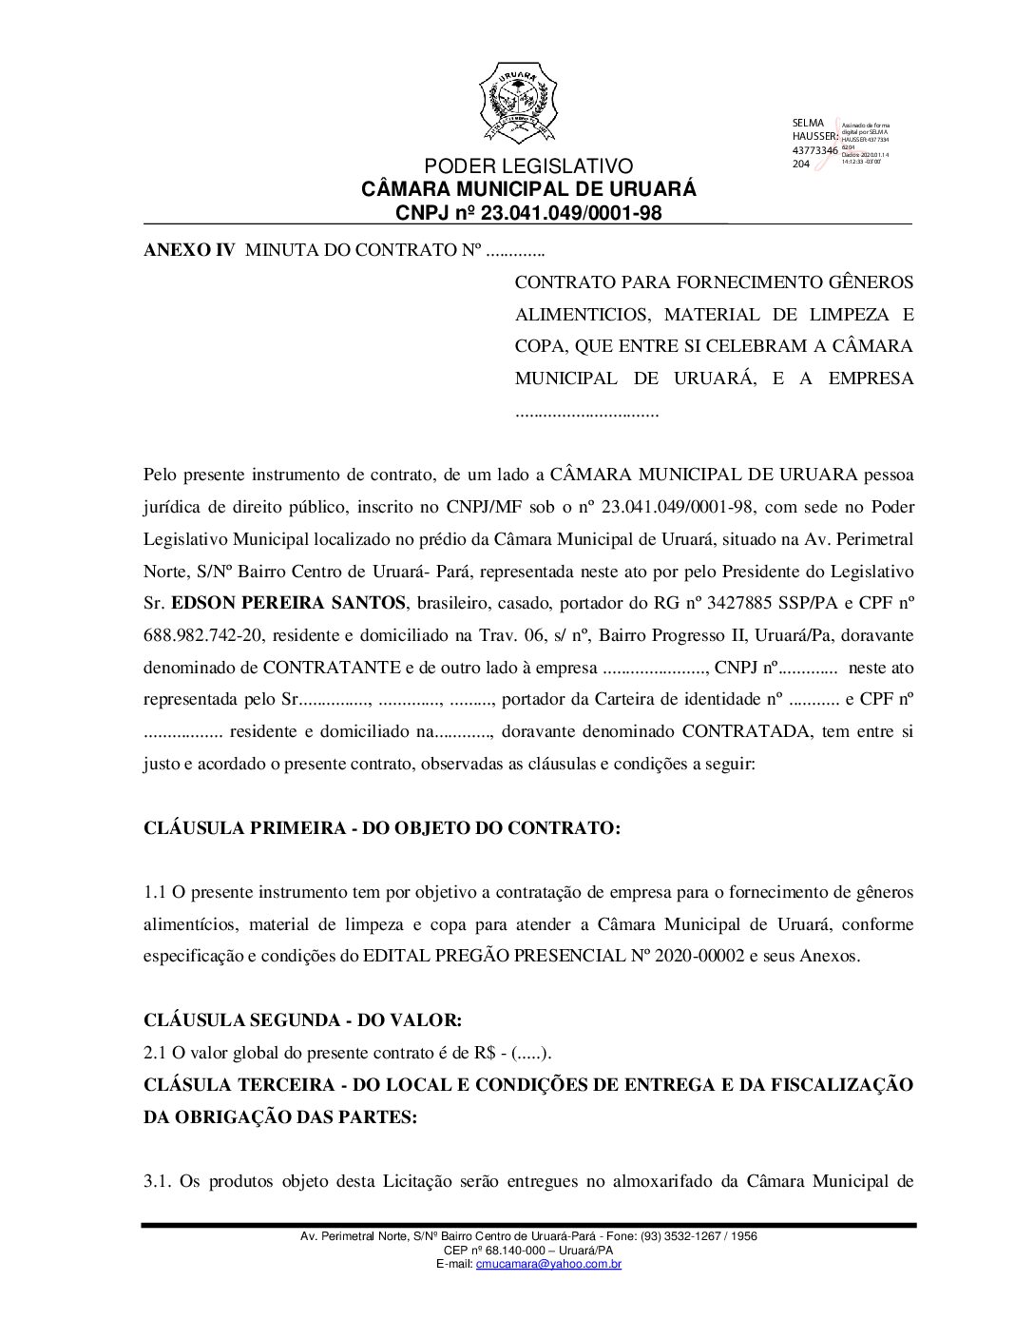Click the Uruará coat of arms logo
(516, 103)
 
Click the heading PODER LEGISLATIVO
(528, 167)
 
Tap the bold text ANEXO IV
(188, 251)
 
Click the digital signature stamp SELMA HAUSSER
(840, 144)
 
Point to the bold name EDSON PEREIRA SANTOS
(288, 603)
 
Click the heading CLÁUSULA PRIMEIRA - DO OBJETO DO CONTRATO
(381, 827)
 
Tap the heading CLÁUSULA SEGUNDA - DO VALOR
(302, 1020)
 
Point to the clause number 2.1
(155, 1053)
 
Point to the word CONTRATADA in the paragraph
(742, 731)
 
